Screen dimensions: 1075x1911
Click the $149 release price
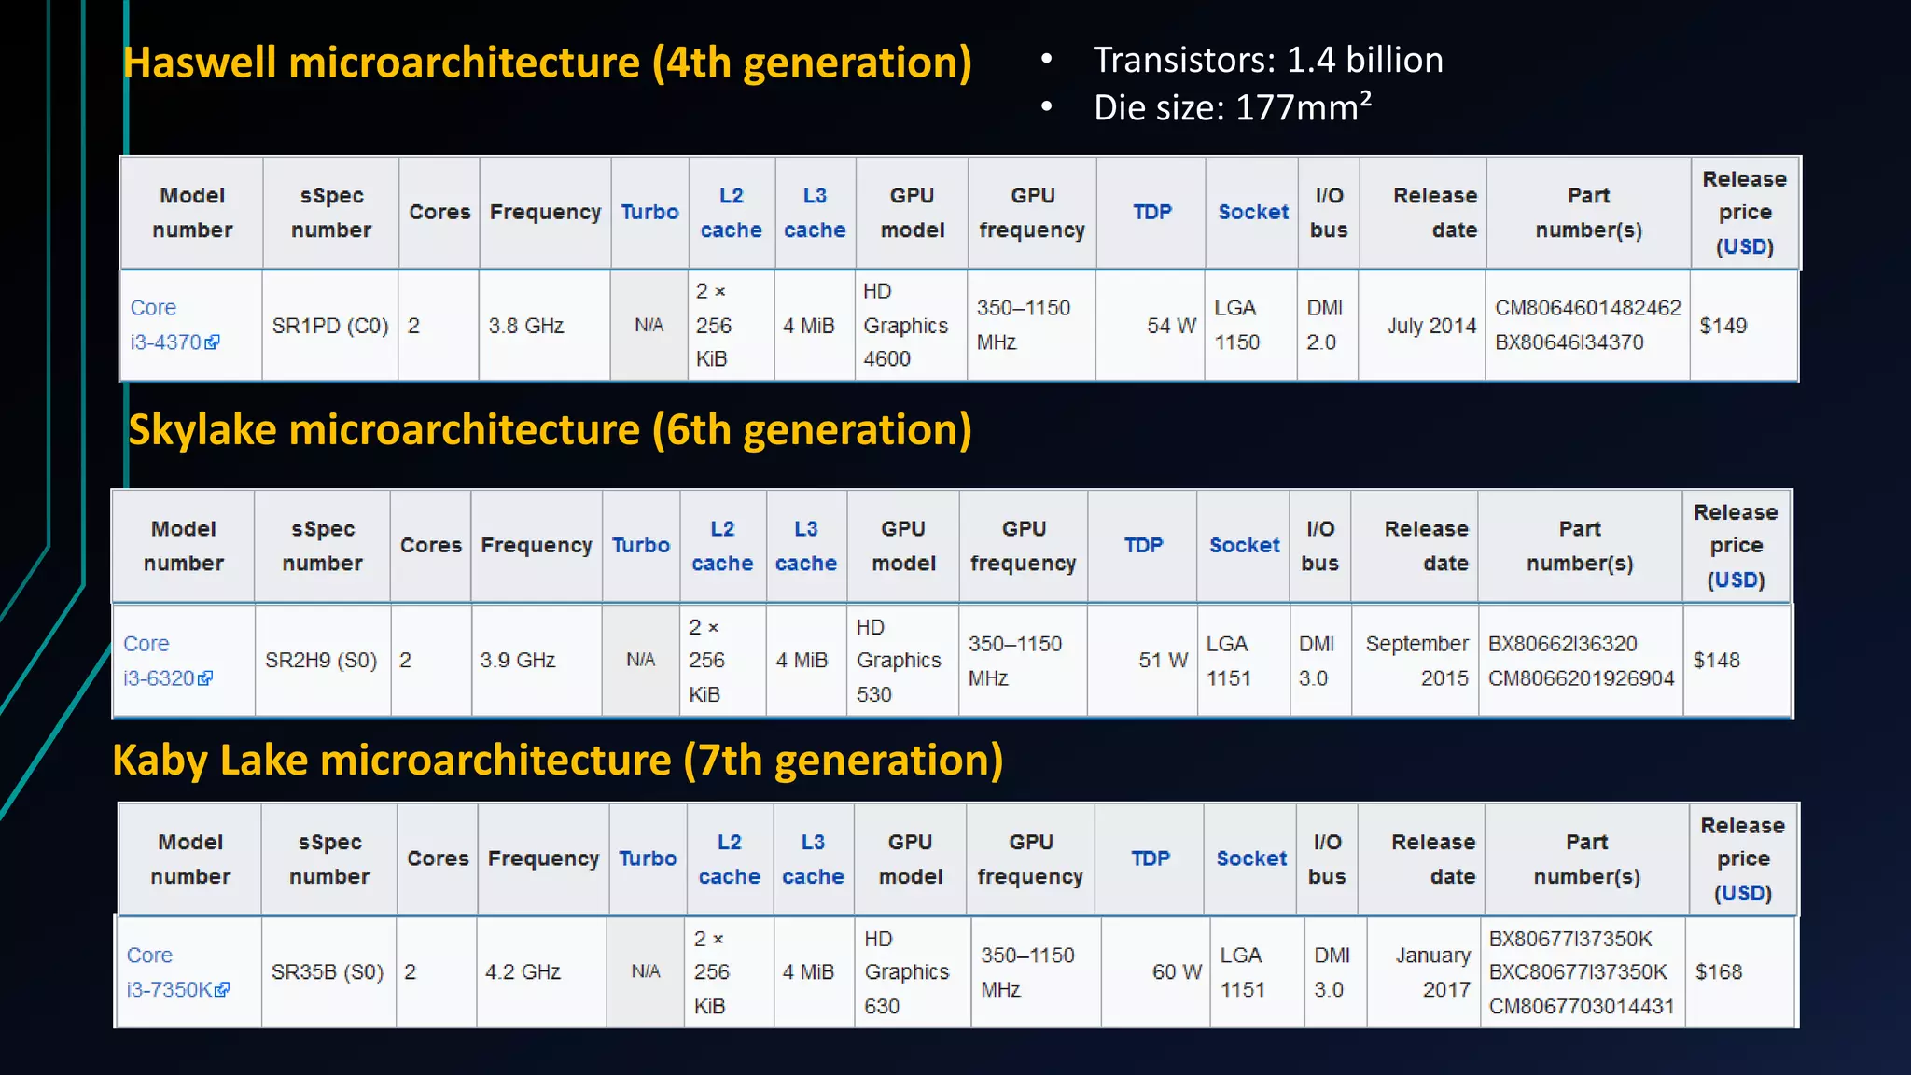[x=1723, y=326]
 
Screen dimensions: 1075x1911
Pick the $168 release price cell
[x=1719, y=972]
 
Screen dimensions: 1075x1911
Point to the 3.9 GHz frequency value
[x=518, y=661]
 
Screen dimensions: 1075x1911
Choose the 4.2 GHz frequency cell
[x=523, y=972]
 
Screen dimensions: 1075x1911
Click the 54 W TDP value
[x=1171, y=326]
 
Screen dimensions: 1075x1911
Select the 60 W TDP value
[x=1177, y=972]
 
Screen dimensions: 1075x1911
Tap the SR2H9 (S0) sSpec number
[x=321, y=661]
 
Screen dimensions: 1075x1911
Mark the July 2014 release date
[x=1430, y=326]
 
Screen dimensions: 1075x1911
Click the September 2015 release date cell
[x=1416, y=661]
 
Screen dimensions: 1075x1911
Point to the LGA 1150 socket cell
[x=1236, y=326]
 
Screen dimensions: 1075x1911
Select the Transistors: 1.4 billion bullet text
[x=1267, y=61]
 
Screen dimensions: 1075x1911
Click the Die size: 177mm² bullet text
[x=1232, y=108]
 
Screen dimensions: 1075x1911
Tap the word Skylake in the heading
[x=202, y=430]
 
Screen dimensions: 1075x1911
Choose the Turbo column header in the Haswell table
[x=649, y=213]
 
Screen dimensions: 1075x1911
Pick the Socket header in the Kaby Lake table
[x=1251, y=859]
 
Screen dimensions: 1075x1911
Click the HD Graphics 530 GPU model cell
[x=898, y=661]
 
